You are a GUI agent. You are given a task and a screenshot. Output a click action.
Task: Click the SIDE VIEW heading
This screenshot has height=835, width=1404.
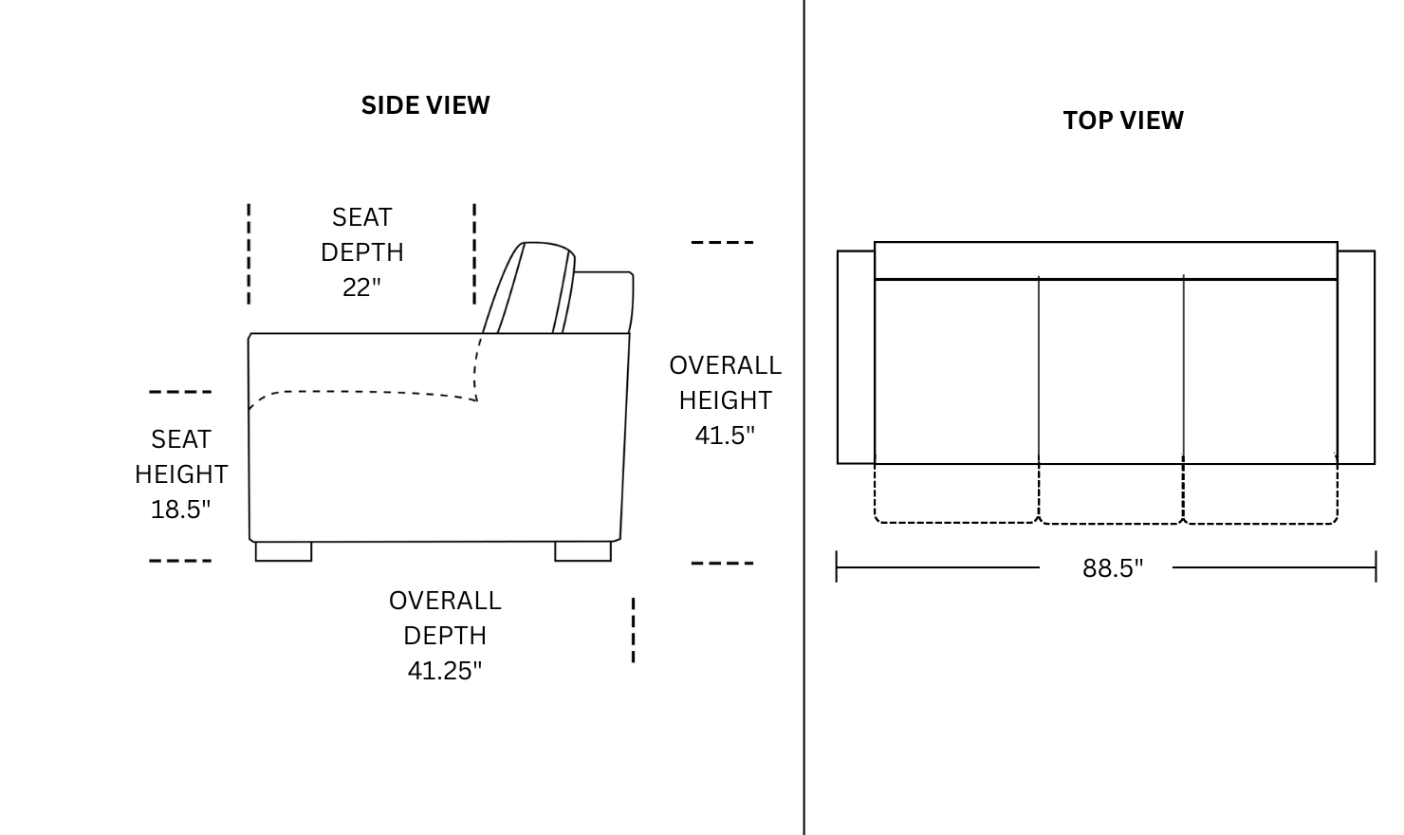426,105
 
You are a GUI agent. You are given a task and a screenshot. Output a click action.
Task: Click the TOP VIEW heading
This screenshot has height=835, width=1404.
1123,121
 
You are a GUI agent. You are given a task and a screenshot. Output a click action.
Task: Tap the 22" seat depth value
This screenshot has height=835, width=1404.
361,288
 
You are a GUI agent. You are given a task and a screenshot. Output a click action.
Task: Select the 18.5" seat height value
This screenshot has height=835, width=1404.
180,509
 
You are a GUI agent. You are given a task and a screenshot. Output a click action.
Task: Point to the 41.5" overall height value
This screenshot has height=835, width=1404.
725,435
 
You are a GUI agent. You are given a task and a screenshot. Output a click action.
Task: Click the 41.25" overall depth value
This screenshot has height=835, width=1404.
444,670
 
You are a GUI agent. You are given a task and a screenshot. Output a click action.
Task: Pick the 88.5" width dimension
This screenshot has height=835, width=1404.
1113,568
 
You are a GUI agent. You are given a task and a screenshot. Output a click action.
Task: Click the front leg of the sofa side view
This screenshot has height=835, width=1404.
284,551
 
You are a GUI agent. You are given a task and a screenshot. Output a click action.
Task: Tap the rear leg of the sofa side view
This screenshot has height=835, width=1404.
582,551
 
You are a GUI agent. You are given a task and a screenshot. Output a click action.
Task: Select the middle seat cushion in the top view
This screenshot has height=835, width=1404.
1111,371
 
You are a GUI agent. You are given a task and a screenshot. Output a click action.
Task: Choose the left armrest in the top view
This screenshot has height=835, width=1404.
857,358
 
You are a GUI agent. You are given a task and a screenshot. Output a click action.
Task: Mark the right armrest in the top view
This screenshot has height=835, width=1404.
1357,358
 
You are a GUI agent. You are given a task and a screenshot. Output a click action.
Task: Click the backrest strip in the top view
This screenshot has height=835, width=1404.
1106,260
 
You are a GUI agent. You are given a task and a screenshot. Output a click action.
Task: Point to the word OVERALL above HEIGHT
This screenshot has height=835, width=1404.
725,365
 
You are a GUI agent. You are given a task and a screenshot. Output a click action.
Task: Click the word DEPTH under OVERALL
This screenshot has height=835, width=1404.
444,636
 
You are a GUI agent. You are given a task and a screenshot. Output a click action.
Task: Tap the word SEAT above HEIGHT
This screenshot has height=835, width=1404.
180,438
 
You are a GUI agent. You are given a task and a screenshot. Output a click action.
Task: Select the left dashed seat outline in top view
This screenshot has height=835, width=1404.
956,522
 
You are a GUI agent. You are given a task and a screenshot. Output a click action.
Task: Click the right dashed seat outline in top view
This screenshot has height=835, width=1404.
1261,523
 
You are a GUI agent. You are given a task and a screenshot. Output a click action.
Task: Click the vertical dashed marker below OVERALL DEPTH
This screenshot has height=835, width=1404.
633,630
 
